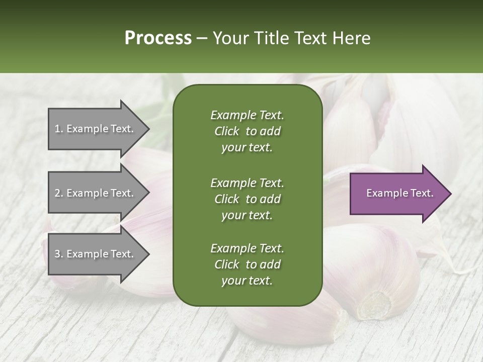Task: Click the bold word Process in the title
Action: [158, 38]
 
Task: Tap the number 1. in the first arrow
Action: [59, 129]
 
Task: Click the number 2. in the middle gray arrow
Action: [59, 193]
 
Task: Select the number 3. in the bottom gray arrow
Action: [59, 254]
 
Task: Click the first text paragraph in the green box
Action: [247, 131]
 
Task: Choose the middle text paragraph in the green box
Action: [247, 199]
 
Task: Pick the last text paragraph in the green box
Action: [247, 264]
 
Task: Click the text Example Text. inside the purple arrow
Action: [400, 193]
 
